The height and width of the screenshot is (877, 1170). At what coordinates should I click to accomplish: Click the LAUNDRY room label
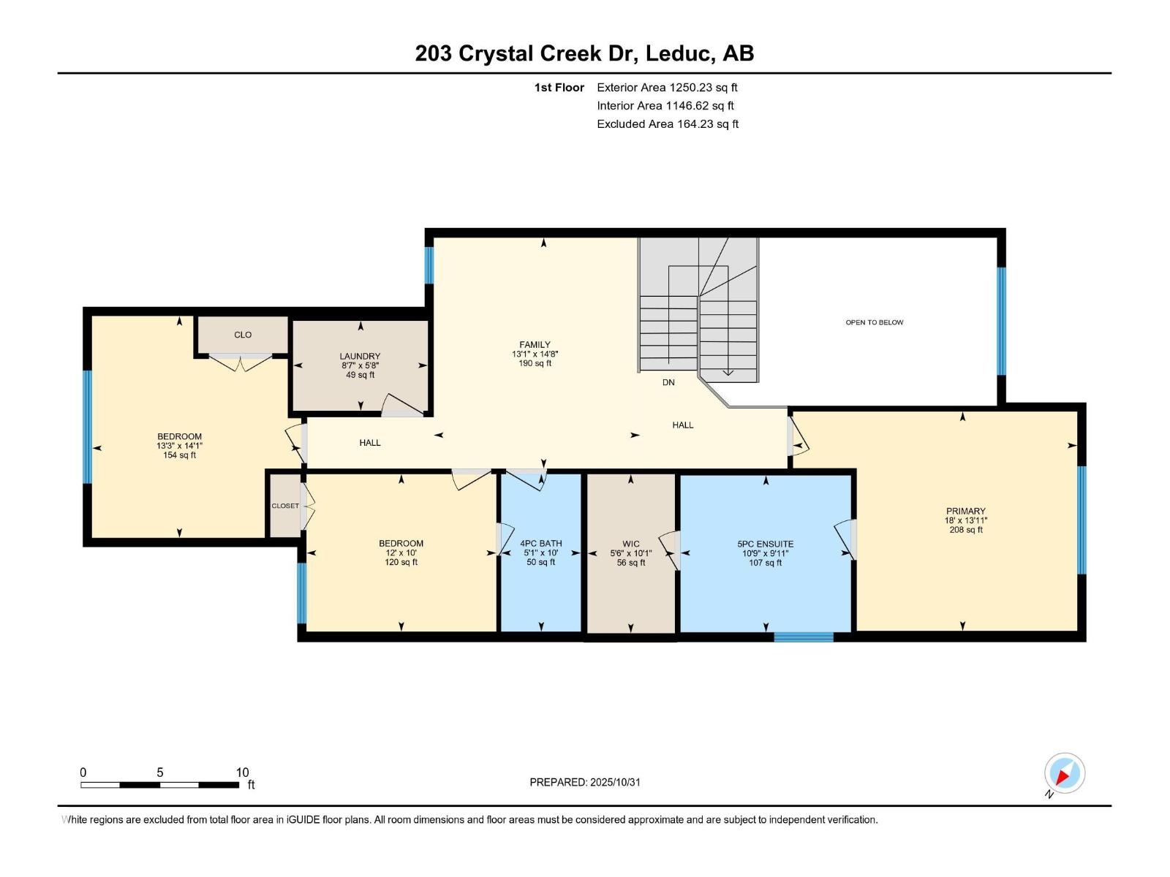coord(360,356)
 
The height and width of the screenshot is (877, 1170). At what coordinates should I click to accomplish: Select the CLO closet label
coord(243,335)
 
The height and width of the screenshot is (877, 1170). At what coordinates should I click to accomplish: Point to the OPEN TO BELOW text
coord(874,322)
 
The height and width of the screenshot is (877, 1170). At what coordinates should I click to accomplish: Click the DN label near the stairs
coord(668,382)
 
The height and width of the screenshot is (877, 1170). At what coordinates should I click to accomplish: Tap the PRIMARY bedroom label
coord(965,512)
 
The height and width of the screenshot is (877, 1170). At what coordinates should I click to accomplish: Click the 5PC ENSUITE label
coord(765,544)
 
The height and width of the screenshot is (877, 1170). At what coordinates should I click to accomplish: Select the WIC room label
coord(630,544)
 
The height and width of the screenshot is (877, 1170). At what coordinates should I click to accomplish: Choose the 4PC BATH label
coord(540,543)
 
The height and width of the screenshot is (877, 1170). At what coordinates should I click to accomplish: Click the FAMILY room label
coord(535,345)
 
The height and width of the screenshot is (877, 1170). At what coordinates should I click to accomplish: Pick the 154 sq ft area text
coord(179,455)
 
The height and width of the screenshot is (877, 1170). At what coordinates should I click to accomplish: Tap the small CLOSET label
coord(285,506)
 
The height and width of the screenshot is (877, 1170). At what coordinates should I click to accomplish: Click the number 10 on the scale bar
coord(242,772)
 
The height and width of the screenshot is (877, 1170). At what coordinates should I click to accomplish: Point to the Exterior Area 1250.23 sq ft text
coord(667,88)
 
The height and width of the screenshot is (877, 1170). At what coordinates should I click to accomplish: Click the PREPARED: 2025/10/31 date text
coord(585,782)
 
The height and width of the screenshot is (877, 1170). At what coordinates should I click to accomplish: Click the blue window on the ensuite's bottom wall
coord(803,637)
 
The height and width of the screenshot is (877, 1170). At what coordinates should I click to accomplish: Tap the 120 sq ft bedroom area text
coord(401,562)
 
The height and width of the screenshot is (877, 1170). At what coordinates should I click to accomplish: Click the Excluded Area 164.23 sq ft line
coord(667,124)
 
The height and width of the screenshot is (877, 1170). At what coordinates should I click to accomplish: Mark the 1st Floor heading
coord(559,88)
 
